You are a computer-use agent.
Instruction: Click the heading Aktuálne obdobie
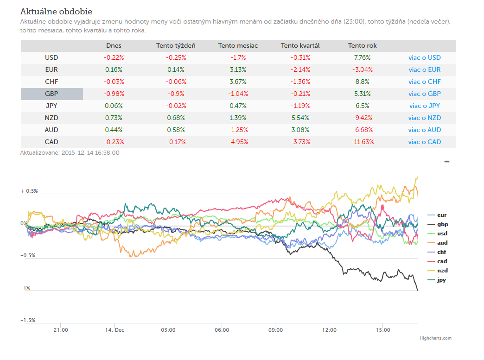pos(56,12)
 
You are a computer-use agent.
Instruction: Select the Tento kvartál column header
pos(300,46)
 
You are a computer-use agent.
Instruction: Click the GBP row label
pos(51,94)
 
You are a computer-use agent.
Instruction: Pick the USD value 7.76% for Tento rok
pos(363,58)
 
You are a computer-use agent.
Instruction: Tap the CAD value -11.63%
pos(363,142)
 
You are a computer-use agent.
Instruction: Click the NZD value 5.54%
pos(300,118)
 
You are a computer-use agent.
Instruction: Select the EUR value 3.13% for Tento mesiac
pos(238,69)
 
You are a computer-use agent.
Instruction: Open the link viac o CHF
pos(424,82)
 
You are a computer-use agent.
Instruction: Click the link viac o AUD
pos(424,130)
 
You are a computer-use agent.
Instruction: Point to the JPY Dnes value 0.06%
pos(114,106)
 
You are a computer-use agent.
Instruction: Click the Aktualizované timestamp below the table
pos(70,153)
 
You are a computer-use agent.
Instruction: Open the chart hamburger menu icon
pos(446,161)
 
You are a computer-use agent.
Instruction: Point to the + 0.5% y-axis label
pos(29,191)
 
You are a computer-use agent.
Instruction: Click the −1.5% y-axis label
pos(28,320)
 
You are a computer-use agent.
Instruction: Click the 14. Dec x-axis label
pos(115,330)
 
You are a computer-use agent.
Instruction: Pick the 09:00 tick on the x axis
pos(275,330)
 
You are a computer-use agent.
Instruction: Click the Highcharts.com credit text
pos(435,338)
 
